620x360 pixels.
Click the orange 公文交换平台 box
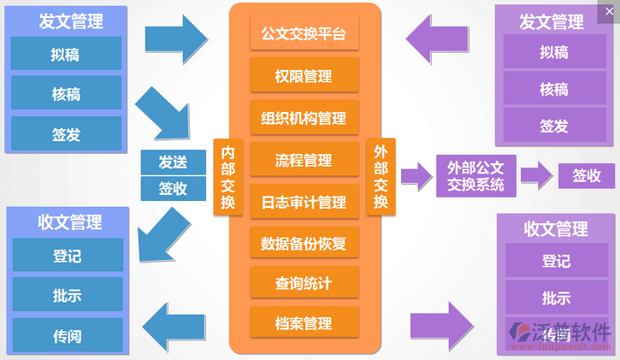304,35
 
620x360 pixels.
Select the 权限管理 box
304,76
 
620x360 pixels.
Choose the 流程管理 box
304,160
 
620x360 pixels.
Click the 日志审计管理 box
304,202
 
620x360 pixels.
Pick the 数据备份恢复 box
304,243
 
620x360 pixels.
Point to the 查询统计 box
304,283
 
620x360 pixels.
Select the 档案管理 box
304,323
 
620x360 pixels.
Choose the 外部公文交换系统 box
475,175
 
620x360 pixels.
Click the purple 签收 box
587,176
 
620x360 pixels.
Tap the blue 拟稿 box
66,53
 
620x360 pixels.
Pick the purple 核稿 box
553,88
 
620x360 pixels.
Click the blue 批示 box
66,295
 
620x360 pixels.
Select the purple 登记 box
556,261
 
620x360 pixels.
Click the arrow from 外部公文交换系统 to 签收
535,176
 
